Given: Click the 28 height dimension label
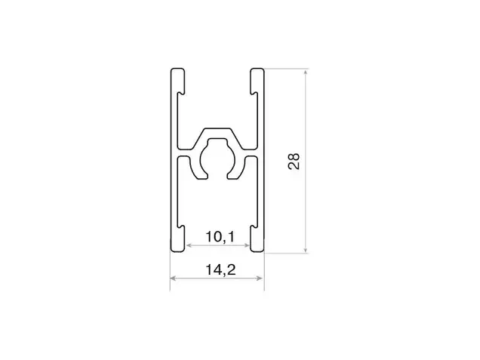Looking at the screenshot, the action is click(294, 161).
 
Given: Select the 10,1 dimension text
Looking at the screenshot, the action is click(220, 237).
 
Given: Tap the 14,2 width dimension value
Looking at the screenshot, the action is click(220, 269).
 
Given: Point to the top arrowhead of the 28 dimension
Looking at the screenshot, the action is click(305, 72).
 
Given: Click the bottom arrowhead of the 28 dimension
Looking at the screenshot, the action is click(305, 250).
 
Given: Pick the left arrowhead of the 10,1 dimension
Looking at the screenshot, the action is click(189, 245).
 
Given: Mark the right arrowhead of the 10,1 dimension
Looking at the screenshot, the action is click(247, 245).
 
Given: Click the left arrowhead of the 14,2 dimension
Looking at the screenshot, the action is click(173, 278).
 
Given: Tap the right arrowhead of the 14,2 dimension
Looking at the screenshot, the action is click(260, 278).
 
